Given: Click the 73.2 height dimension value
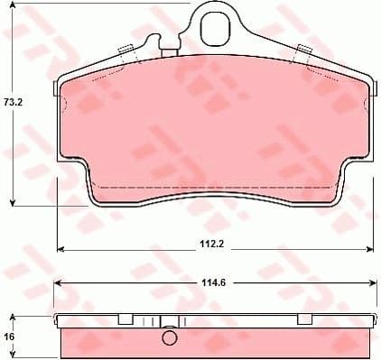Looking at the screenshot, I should tap(12, 102).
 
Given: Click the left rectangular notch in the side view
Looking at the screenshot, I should tap(126, 319).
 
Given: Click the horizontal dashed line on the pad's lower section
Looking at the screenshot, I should tap(217, 187).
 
